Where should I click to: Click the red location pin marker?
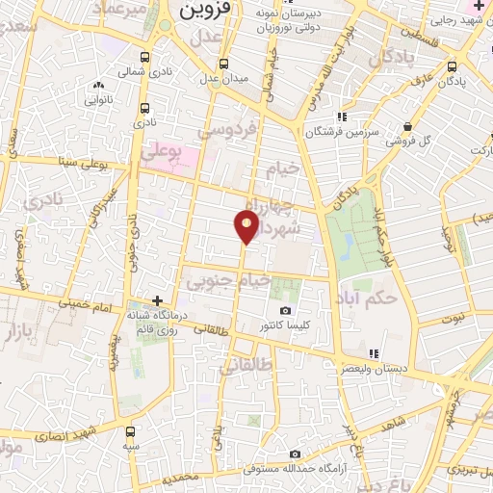[x=246, y=225]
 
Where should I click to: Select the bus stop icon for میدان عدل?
[x=223, y=64]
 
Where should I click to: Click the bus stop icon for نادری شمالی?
[x=144, y=57]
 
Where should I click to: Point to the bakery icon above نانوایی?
[x=99, y=87]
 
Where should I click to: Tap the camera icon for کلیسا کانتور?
[x=285, y=310]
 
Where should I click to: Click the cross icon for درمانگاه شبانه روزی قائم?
[x=159, y=300]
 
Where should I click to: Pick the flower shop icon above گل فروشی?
[x=408, y=126]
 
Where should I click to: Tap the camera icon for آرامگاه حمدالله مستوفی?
[x=295, y=454]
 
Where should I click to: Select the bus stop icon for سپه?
[x=130, y=430]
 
